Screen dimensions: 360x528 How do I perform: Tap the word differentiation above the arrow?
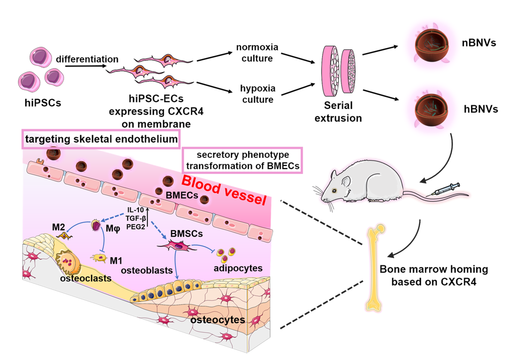click(87, 59)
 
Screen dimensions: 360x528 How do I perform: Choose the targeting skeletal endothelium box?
click(101, 140)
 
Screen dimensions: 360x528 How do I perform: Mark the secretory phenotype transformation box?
click(242, 160)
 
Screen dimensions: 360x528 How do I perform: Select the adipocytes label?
click(239, 267)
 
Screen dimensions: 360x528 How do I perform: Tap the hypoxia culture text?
click(257, 94)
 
